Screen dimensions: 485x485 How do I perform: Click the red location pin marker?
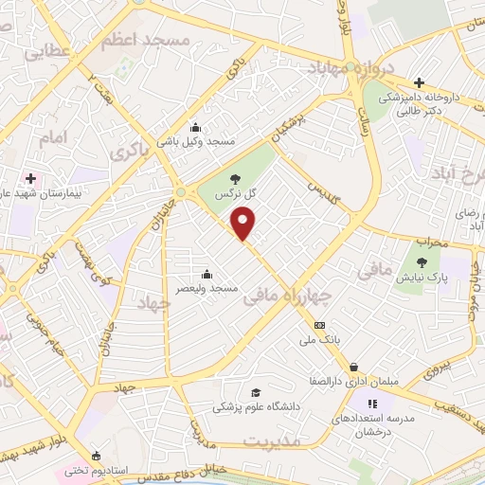pos(244,224)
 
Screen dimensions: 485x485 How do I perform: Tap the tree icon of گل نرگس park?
pos(236,179)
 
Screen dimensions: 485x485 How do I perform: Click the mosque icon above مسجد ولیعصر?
pos(207,275)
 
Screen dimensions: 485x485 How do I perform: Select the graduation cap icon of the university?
pos(254,393)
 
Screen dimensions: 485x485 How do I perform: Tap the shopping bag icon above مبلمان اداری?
pos(353,368)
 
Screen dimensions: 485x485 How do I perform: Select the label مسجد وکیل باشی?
pos(209,142)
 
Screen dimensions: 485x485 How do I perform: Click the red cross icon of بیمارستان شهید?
pos(31,177)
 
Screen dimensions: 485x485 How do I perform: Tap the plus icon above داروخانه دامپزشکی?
pos(418,81)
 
